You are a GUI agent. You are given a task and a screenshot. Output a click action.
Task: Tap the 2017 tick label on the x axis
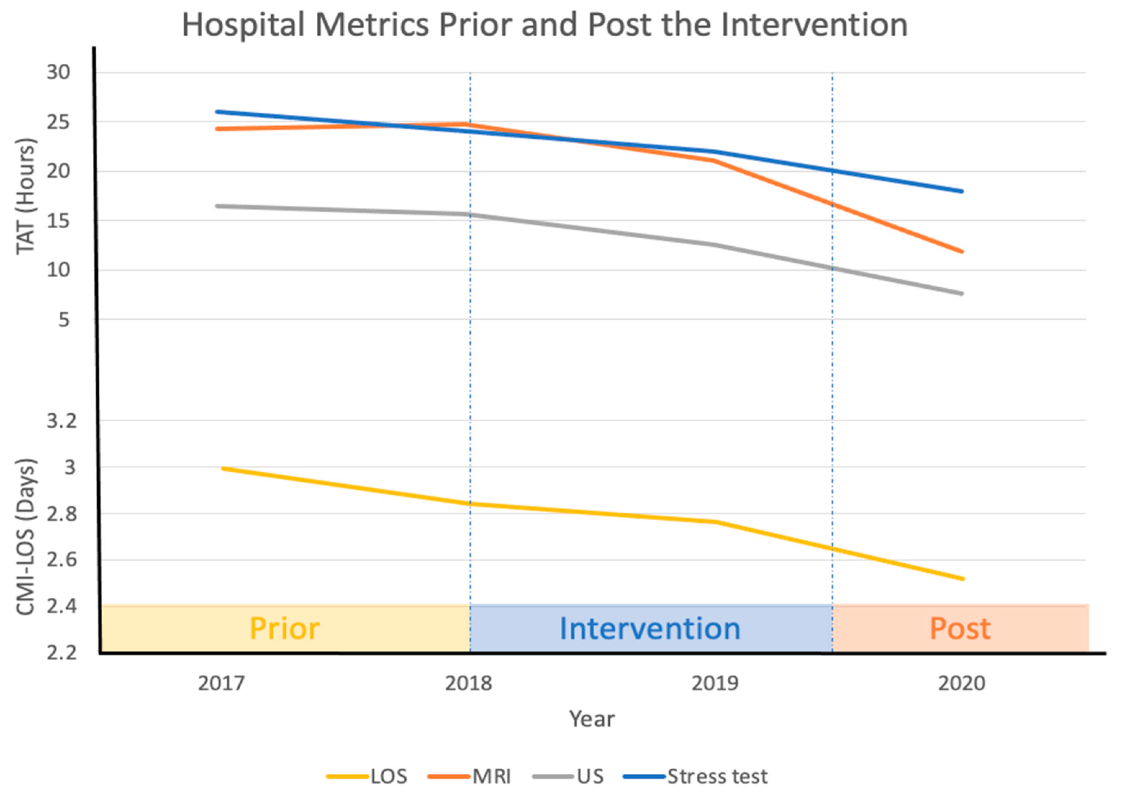(x=221, y=683)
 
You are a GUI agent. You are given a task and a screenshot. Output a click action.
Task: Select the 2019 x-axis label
(x=715, y=683)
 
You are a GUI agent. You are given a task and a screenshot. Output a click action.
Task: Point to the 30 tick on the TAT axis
(x=58, y=72)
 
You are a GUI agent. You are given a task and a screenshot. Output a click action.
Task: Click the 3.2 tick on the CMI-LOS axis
(x=62, y=421)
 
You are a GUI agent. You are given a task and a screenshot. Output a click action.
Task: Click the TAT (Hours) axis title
(x=26, y=196)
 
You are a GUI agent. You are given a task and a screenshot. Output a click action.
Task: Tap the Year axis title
(x=591, y=719)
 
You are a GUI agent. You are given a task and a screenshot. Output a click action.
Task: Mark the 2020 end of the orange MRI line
(x=962, y=251)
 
